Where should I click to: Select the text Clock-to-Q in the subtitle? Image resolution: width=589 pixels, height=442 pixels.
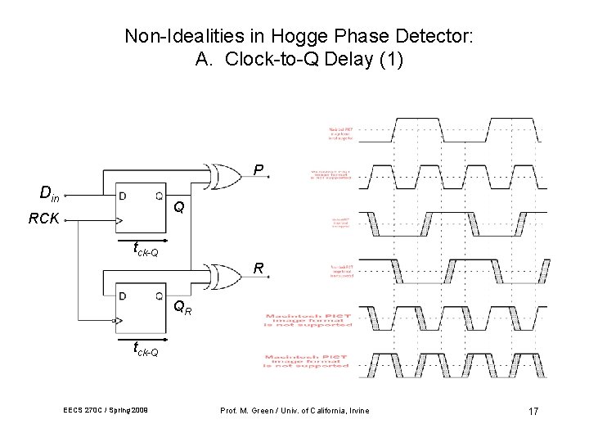pyautogui.click(x=261, y=60)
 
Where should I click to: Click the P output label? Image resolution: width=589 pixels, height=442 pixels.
pyautogui.click(x=258, y=171)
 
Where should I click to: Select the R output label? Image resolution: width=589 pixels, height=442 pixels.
pyautogui.click(x=258, y=268)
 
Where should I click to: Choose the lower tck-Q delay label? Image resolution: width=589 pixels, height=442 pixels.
pyautogui.click(x=145, y=350)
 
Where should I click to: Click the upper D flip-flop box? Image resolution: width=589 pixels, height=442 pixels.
pyautogui.click(x=140, y=209)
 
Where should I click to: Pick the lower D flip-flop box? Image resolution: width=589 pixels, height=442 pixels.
pyautogui.click(x=140, y=305)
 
